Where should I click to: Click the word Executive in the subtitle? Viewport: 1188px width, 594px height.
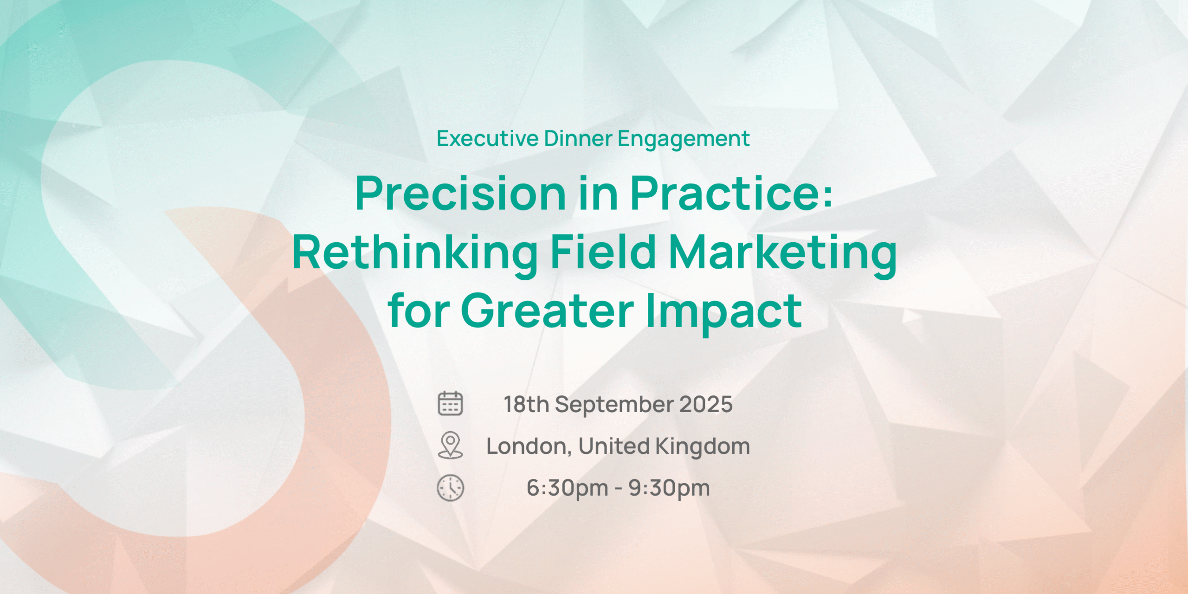487,138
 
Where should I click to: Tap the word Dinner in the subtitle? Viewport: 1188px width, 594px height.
578,138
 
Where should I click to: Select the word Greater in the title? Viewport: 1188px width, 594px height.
547,310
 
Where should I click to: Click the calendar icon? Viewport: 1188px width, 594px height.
450,403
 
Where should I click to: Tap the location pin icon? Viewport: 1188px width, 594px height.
450,445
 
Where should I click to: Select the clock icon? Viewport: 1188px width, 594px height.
450,488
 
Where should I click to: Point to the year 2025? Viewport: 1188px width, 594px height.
706,404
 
